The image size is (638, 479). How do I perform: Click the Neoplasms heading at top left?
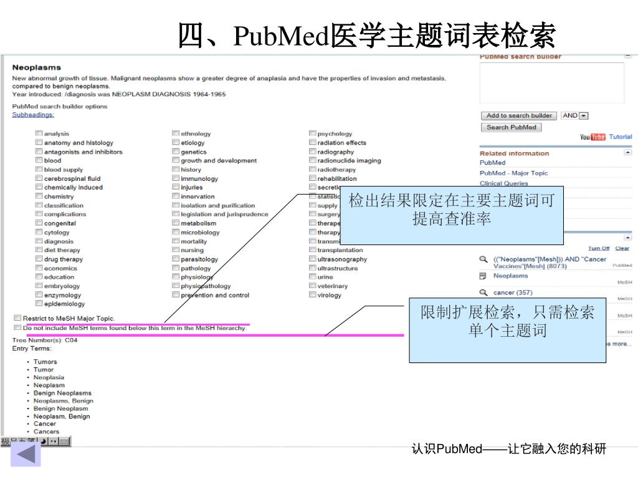point(37,67)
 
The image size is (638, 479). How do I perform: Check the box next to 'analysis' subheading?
point(39,133)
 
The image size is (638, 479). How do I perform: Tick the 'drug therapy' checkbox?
point(39,259)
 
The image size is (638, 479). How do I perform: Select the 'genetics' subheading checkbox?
point(176,152)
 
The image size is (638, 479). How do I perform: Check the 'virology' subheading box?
point(312,295)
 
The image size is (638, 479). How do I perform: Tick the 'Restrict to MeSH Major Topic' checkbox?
point(17,318)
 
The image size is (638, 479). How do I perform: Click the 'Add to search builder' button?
point(519,115)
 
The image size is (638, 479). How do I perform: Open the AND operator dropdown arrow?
point(583,115)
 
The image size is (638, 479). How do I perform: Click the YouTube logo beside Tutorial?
point(593,137)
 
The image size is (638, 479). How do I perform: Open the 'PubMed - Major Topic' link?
point(513,173)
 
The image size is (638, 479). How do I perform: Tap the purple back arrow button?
point(26,454)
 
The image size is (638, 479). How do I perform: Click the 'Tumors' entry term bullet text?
point(45,362)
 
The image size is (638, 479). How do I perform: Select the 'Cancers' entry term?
point(46,432)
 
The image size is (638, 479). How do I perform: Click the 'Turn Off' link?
point(599,248)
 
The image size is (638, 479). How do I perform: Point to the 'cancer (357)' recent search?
point(513,293)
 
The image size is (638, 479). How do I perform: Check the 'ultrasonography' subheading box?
point(312,259)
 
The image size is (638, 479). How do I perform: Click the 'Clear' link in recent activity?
point(622,248)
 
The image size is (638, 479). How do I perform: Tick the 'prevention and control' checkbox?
point(176,295)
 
